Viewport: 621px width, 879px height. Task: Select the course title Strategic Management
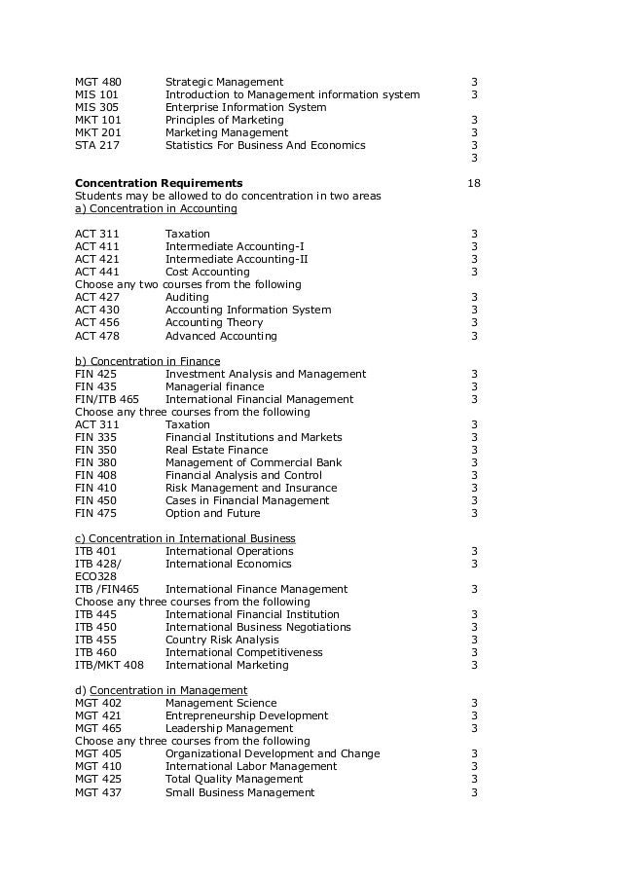click(x=224, y=82)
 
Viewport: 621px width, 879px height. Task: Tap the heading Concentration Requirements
click(x=159, y=183)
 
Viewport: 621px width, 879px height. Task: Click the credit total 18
click(x=474, y=183)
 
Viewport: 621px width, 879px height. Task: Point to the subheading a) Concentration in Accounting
click(x=156, y=208)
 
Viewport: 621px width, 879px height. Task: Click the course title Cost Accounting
click(x=207, y=273)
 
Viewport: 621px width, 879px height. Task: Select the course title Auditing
click(x=186, y=298)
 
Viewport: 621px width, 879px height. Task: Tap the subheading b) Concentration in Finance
click(x=147, y=361)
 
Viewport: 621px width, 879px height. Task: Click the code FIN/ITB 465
click(x=107, y=399)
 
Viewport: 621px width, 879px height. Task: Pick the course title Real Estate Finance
click(x=216, y=450)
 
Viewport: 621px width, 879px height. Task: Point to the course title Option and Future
click(x=212, y=513)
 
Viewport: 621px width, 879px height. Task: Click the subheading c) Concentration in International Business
click(x=185, y=538)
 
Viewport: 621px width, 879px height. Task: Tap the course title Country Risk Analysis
click(x=222, y=640)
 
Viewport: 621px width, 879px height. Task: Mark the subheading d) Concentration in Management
click(x=161, y=690)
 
